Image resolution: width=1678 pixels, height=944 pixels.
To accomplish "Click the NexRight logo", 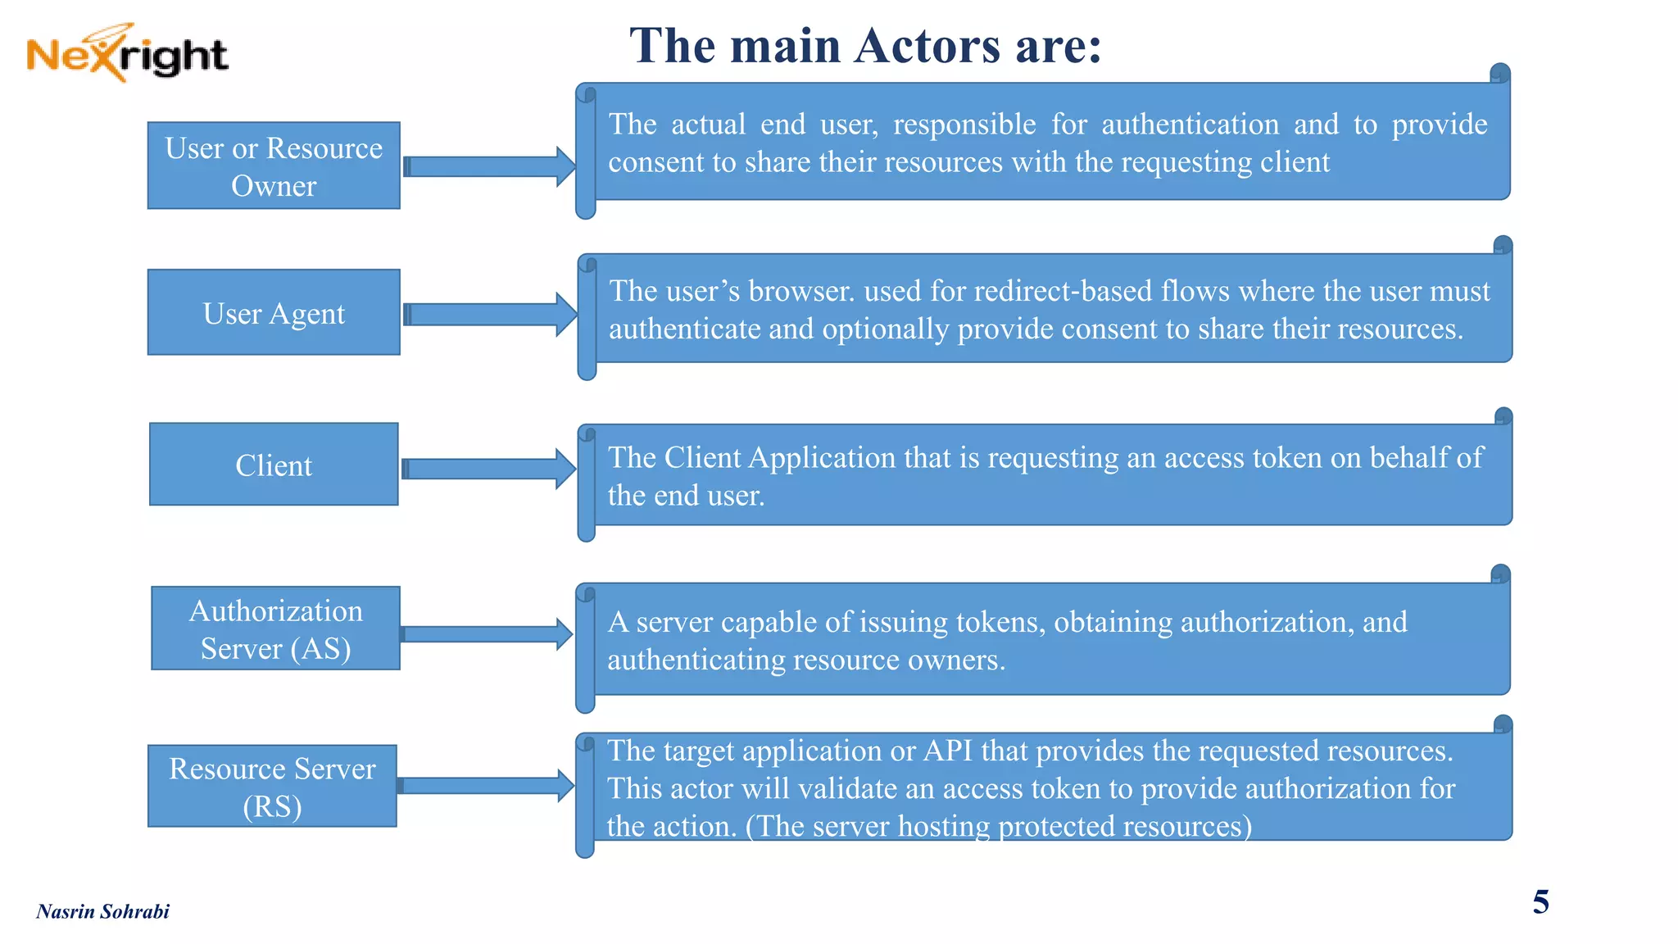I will point(127,53).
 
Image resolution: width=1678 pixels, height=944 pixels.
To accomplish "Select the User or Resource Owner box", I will point(274,166).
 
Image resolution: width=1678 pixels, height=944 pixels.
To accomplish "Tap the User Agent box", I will point(274,312).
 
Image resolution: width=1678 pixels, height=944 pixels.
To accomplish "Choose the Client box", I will point(274,465).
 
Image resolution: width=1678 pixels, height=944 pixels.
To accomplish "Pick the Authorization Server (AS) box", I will point(275,629).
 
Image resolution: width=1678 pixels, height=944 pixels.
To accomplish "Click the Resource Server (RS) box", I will point(272,786).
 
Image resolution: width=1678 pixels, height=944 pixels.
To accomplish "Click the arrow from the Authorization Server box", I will point(488,634).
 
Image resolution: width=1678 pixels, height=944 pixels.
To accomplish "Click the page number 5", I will point(1540,902).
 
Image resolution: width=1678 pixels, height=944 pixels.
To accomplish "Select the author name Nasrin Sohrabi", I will point(102,911).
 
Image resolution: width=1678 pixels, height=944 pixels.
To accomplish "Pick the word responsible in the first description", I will point(964,125).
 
